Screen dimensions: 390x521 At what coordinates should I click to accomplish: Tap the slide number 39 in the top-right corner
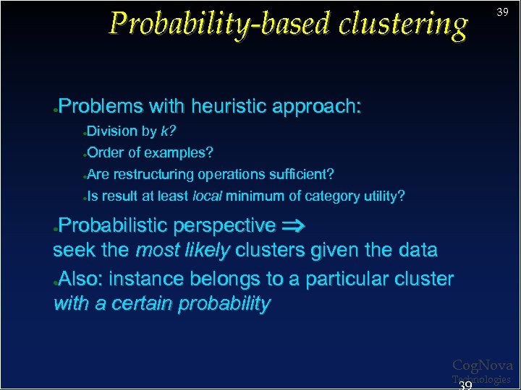point(502,12)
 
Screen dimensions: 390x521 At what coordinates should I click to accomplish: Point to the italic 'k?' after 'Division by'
point(169,131)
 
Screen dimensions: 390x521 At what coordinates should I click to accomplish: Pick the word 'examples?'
point(179,153)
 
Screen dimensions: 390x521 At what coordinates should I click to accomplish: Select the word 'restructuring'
point(153,175)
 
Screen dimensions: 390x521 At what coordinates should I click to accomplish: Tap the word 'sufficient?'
point(298,175)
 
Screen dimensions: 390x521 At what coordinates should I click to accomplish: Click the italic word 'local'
point(208,196)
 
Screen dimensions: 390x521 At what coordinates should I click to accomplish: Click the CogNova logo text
point(482,366)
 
